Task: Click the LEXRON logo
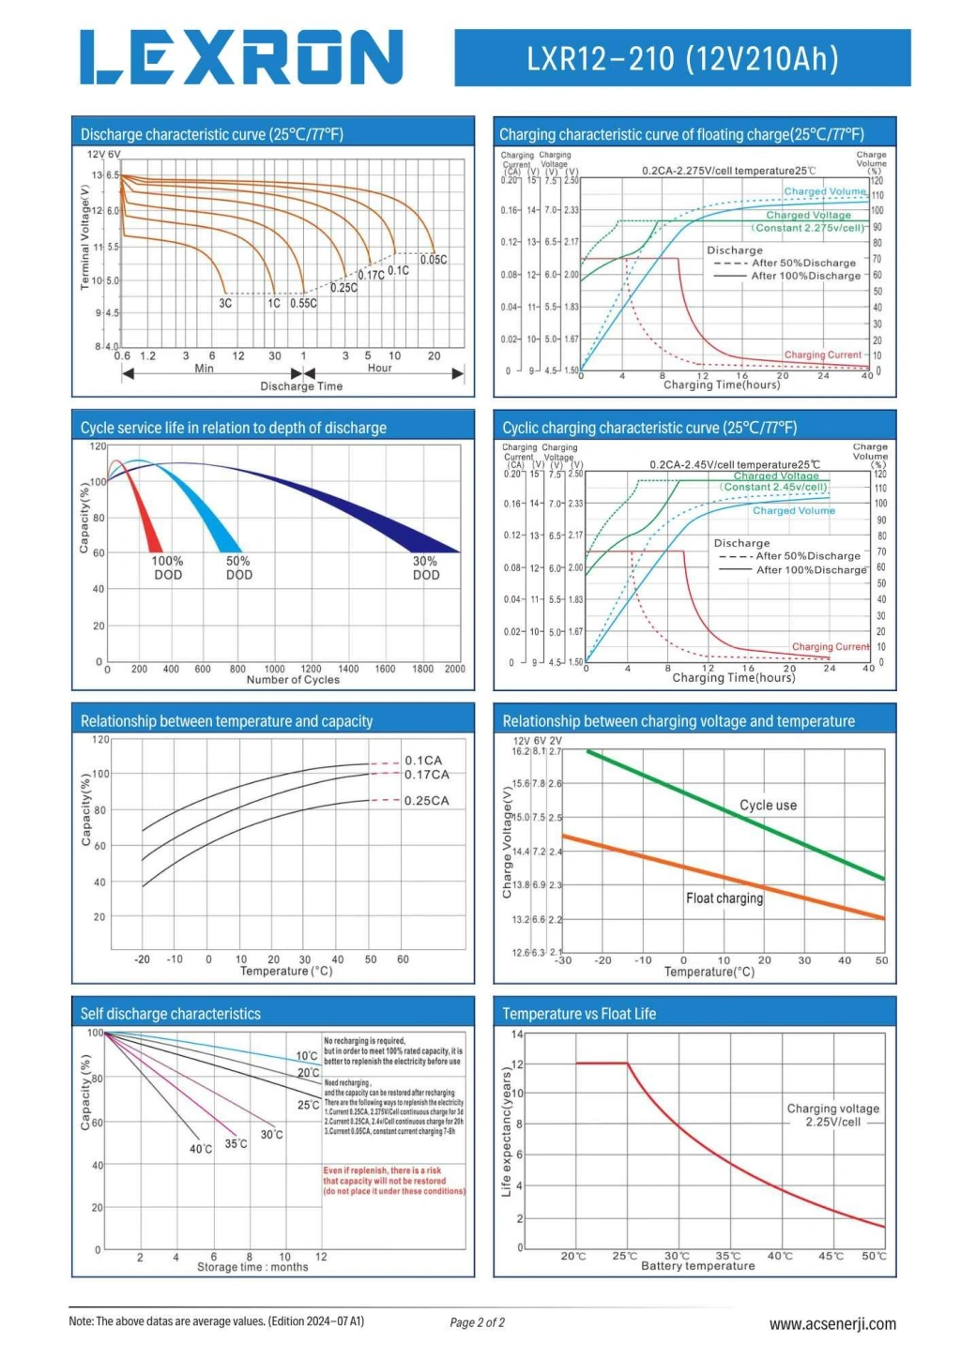[x=241, y=57]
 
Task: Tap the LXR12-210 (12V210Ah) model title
[x=682, y=58]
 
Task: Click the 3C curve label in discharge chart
[x=225, y=304]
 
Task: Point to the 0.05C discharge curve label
[x=434, y=260]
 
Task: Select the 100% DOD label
[x=168, y=568]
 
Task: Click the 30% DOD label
[x=426, y=568]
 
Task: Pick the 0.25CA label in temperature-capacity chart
[x=426, y=801]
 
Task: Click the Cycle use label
[x=768, y=806]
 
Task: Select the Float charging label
[x=724, y=898]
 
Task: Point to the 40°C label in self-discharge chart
[x=201, y=1149]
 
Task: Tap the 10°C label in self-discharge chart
[x=307, y=1056]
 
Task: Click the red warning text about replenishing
[x=393, y=1181]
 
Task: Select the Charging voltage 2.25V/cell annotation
[x=832, y=1115]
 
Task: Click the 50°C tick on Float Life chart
[x=874, y=1256]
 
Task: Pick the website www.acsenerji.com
[x=831, y=1324]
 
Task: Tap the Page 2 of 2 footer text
[x=477, y=1322]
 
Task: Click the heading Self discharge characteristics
[x=171, y=1014]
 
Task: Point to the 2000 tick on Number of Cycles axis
[x=455, y=669]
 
